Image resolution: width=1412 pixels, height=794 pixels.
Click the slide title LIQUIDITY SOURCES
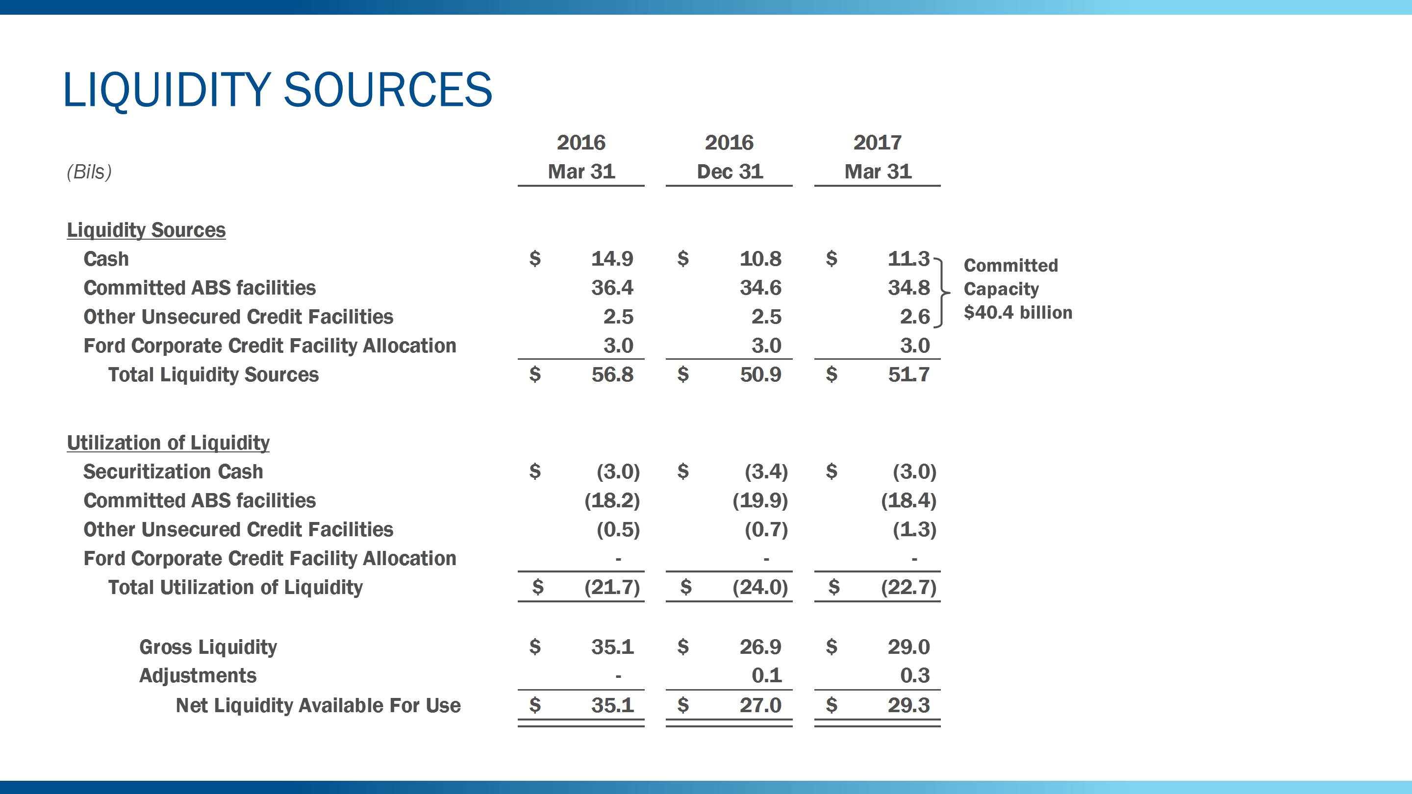277,90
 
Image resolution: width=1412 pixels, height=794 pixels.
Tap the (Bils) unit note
89,172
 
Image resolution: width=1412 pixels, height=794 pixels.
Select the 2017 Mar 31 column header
877,157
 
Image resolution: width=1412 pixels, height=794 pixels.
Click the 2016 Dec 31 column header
729,157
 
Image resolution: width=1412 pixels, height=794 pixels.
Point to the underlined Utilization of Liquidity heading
168,443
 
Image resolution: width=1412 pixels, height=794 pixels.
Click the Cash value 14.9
612,259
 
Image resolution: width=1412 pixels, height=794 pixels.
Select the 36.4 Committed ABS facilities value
612,288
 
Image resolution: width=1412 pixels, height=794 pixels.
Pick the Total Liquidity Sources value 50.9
760,375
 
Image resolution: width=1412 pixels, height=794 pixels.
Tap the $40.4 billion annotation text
1017,313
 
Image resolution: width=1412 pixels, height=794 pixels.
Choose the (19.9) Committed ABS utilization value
760,501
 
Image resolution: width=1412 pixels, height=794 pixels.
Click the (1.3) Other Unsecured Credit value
914,530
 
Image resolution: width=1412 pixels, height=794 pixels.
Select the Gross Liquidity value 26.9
760,647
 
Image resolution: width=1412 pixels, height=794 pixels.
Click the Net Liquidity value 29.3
908,705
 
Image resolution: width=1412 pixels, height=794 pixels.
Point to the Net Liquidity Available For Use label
318,706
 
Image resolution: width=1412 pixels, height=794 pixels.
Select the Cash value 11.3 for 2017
908,259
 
